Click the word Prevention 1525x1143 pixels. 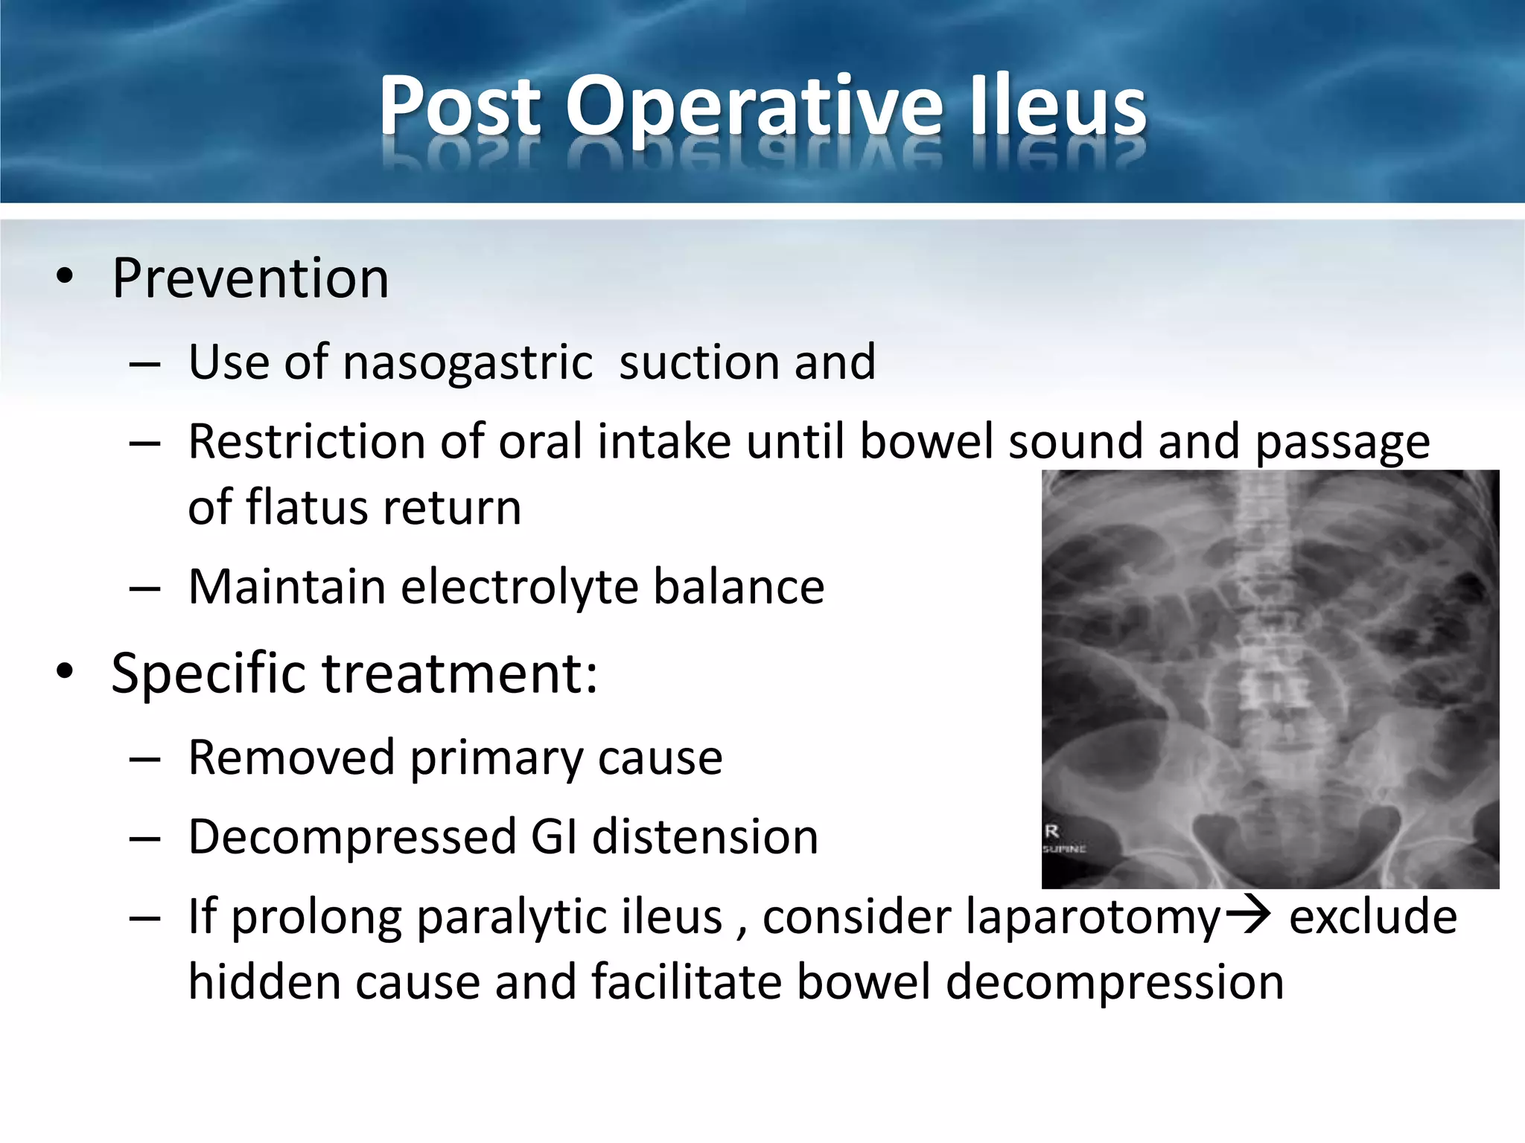250,278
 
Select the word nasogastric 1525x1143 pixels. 468,363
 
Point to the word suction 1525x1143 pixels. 698,363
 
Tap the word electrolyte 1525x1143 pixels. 520,586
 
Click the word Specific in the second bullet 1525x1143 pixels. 208,673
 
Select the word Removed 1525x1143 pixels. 291,758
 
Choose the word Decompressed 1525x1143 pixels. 352,837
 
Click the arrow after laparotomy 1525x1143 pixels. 1248,915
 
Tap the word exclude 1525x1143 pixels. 1372,917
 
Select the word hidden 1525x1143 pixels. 264,982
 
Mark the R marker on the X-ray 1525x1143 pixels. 1052,831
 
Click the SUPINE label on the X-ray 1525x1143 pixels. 1064,848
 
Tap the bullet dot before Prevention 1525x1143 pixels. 65,277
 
